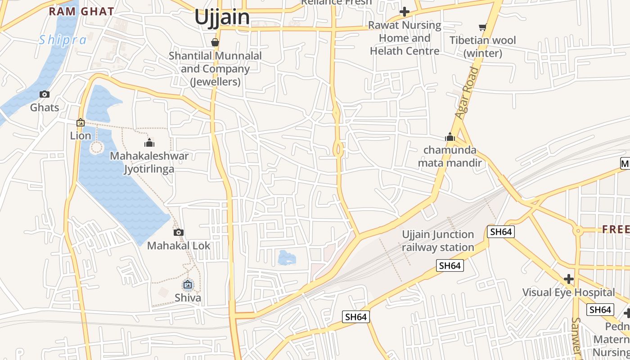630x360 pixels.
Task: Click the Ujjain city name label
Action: click(222, 17)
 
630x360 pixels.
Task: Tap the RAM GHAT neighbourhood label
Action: click(81, 11)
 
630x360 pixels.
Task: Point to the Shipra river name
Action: click(63, 40)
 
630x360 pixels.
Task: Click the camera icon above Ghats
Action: click(44, 94)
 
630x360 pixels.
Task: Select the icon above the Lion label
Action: click(81, 122)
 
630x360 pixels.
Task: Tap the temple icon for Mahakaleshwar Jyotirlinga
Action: click(149, 143)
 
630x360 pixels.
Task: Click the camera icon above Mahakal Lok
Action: click(179, 232)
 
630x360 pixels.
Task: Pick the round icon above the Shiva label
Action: click(188, 284)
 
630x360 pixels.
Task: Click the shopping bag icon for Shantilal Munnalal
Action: click(215, 42)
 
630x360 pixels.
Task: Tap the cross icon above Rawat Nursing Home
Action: click(405, 12)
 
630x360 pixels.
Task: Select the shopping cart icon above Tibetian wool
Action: click(483, 27)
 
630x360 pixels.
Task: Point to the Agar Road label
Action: click(465, 93)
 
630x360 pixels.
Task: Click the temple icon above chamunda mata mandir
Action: click(450, 137)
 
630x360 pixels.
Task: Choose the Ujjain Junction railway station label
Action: click(438, 241)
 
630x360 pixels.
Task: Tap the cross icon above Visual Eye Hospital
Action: click(569, 279)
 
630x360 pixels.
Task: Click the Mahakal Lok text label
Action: click(179, 246)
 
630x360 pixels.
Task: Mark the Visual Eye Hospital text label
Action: click(568, 292)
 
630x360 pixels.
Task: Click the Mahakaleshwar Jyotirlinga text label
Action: click(149, 162)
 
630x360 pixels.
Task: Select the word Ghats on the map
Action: click(45, 108)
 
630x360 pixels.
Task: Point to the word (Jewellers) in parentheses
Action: click(215, 82)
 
